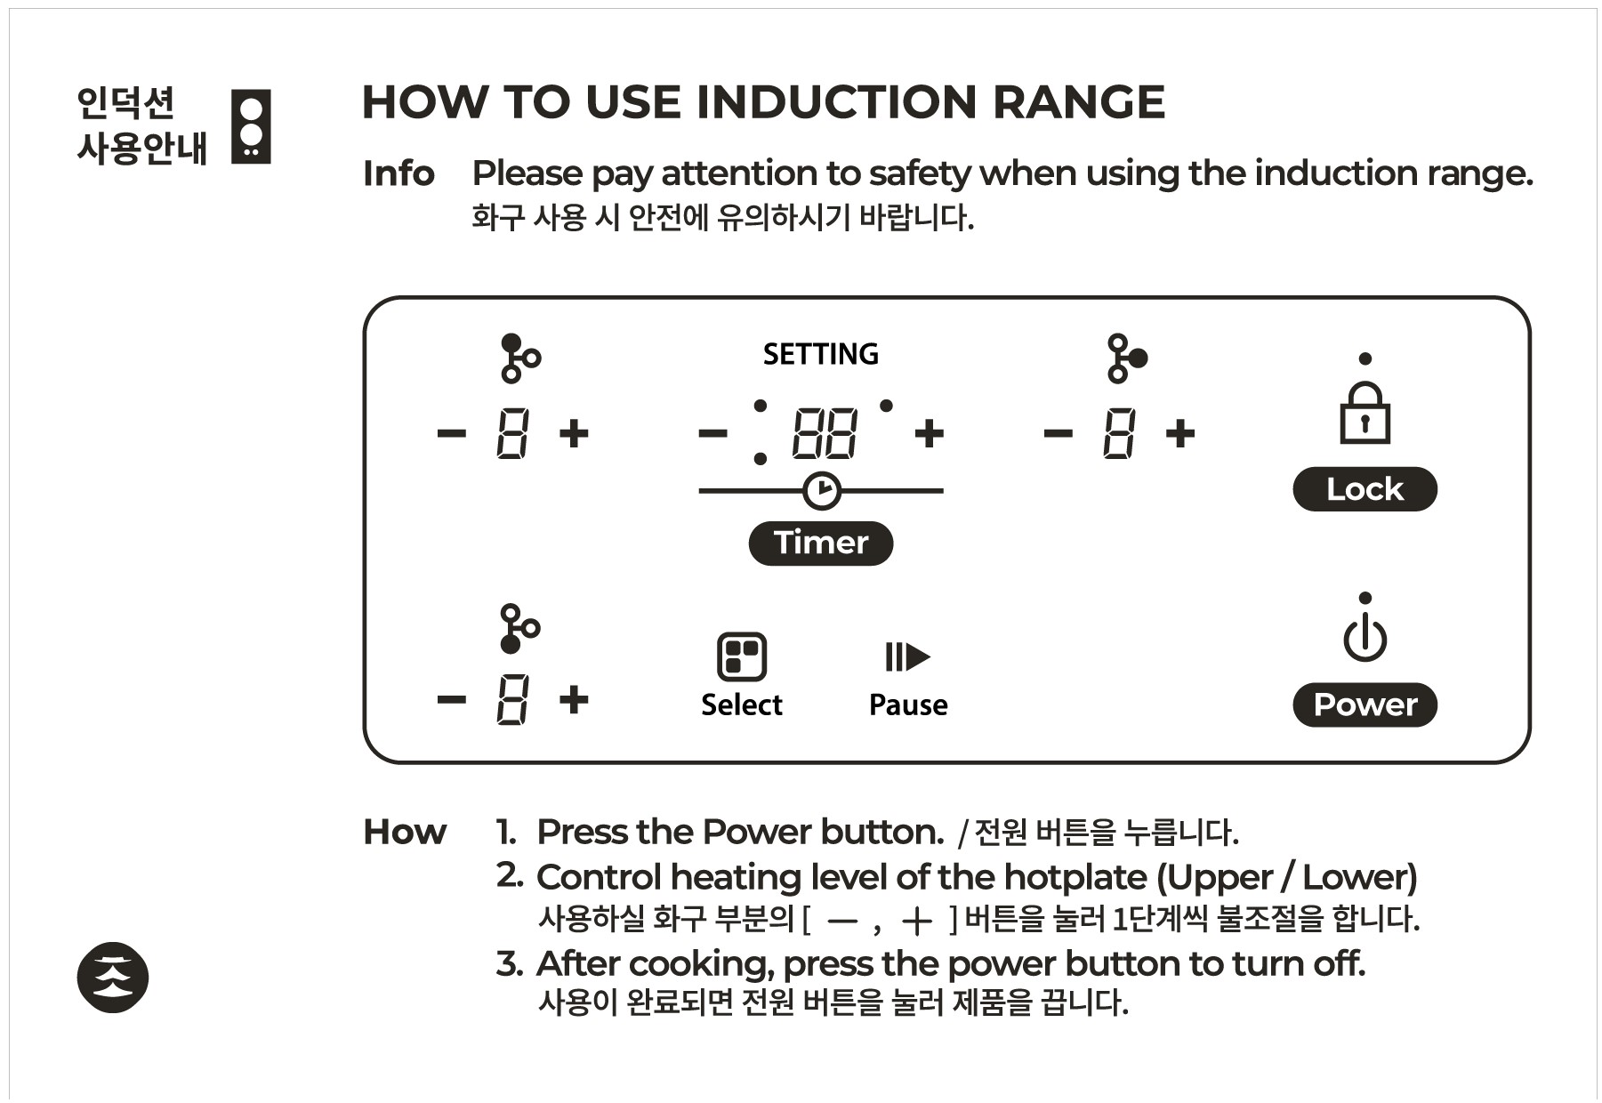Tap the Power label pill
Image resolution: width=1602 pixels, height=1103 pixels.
coord(1364,704)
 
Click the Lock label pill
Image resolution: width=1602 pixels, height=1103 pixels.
coord(1364,489)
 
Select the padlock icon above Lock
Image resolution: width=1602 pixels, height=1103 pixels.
coord(1365,414)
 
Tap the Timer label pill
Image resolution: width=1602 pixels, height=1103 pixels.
coord(820,543)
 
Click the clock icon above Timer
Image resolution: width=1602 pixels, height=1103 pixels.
coord(821,491)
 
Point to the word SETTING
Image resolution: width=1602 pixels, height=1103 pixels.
coord(820,354)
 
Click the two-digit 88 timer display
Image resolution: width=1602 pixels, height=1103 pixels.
coord(825,434)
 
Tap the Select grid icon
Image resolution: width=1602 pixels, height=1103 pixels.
coord(741,656)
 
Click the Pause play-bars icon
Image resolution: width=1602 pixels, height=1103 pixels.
coord(907,657)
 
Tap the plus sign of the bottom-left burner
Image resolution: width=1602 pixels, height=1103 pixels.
coord(574,699)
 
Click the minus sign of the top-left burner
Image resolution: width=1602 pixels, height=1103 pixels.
coord(452,434)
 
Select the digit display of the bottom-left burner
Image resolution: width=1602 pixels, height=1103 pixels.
coord(512,699)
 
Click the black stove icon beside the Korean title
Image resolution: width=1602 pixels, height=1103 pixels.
coord(251,126)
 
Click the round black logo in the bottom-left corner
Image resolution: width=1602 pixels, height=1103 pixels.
coord(113,977)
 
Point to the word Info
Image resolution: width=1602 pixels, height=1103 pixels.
coord(398,174)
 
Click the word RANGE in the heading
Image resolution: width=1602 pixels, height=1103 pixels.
coord(1077,102)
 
